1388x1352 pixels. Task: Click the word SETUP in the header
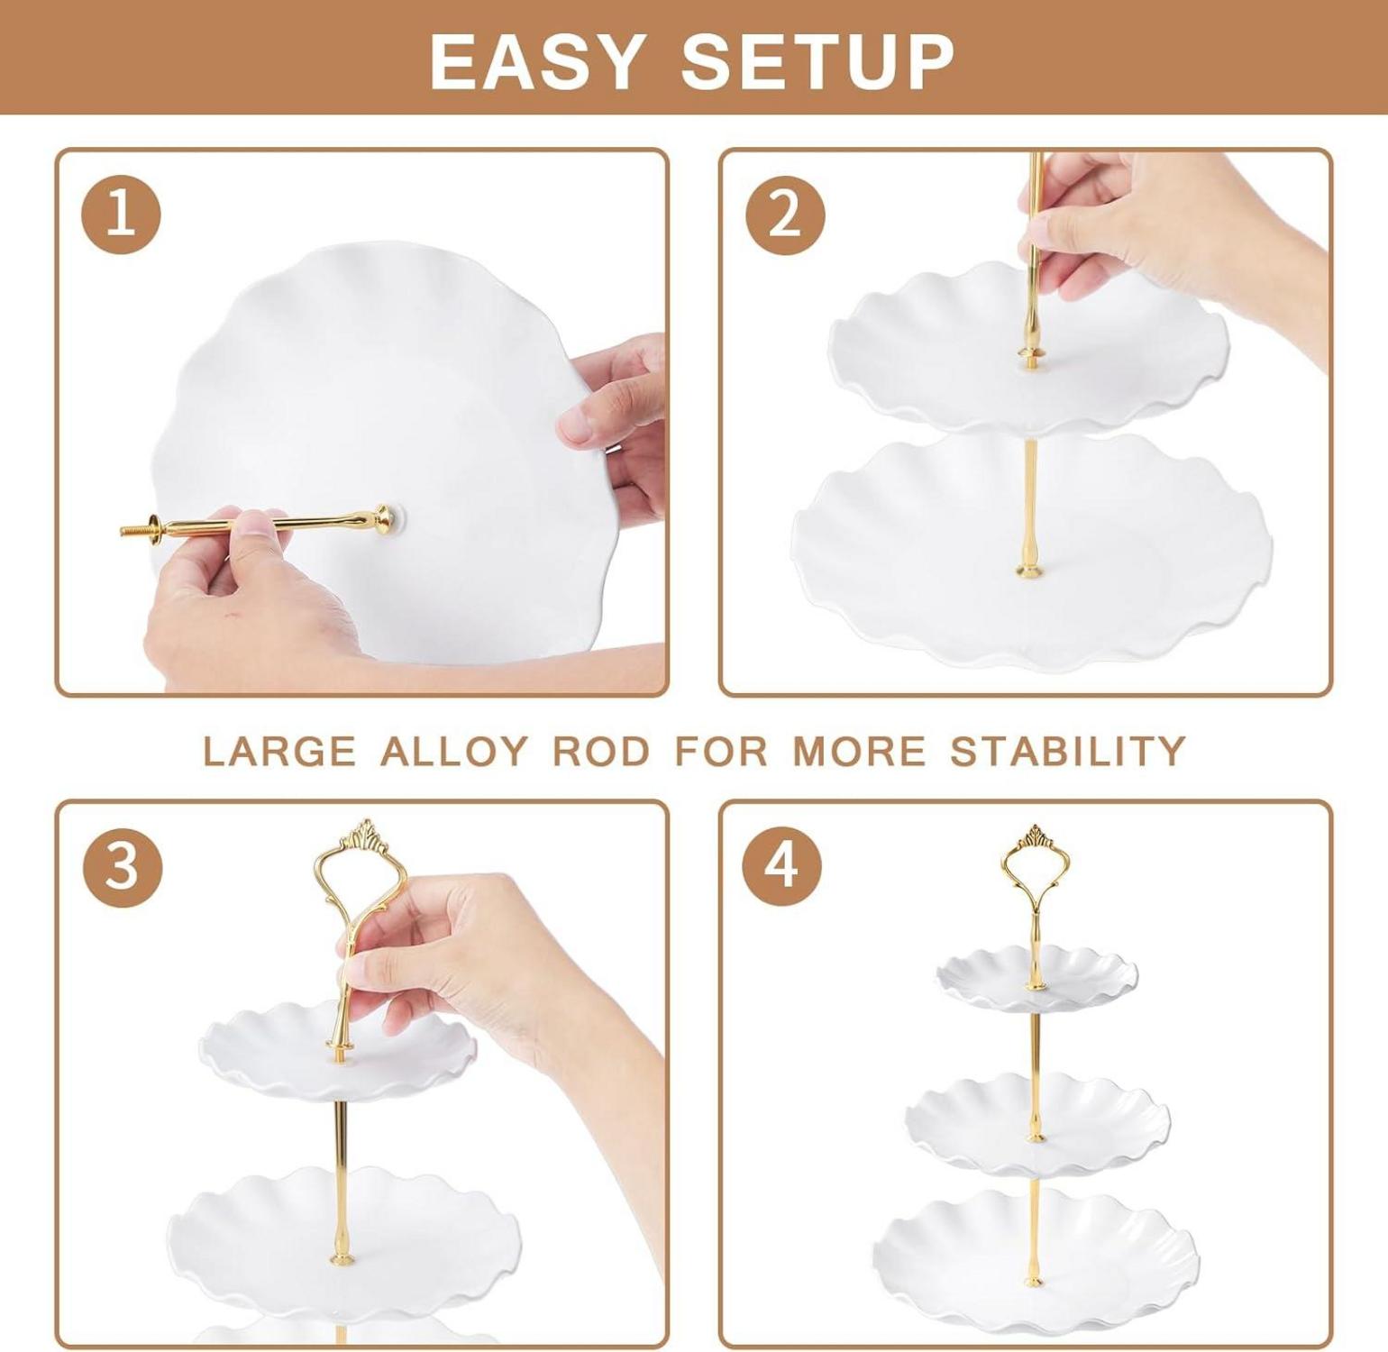pos(817,61)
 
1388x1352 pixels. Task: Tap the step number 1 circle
pos(122,215)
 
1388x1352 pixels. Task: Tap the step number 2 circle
pos(785,215)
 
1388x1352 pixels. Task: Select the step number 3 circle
pos(123,866)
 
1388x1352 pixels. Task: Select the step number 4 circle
pos(781,864)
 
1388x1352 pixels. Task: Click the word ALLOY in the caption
pos(453,751)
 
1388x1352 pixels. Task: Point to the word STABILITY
pos(1068,751)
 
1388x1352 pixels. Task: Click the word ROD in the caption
pos(600,751)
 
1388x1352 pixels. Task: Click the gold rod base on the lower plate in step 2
pos(1027,569)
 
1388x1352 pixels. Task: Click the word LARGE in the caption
pos(279,751)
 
